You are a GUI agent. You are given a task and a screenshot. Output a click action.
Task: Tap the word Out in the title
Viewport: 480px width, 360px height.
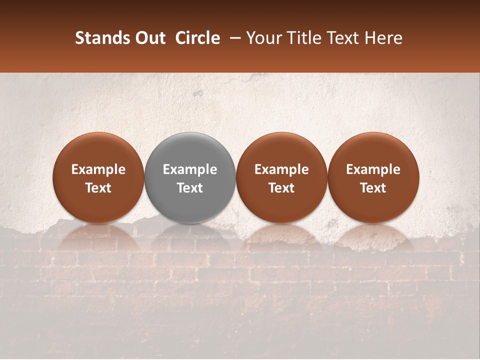click(148, 38)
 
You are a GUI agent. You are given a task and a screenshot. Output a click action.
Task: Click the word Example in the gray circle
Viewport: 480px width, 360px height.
click(190, 169)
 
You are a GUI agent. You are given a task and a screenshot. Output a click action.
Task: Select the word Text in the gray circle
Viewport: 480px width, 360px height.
click(190, 188)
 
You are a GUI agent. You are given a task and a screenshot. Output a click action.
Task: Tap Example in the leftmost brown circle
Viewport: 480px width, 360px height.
click(98, 169)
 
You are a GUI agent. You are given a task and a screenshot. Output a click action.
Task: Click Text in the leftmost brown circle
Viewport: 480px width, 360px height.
click(98, 188)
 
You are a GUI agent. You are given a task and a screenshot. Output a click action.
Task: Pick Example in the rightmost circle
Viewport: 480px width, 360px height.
click(373, 169)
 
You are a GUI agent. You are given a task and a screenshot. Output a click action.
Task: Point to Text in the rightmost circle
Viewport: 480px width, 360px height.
click(373, 188)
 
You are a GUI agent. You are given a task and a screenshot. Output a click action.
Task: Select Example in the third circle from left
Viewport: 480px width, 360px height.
click(281, 169)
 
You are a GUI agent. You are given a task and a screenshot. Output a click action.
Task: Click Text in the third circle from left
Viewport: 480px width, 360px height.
click(281, 188)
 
